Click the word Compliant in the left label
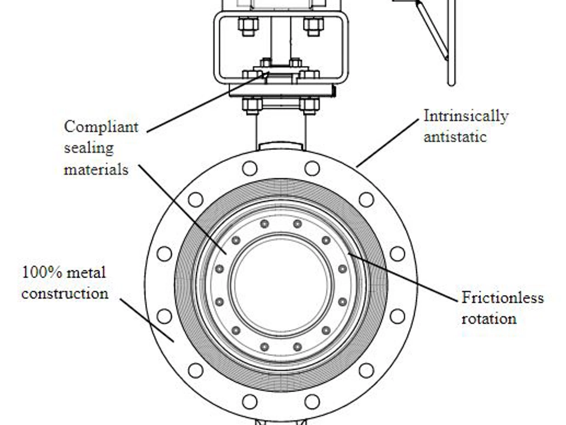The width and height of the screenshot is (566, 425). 101,127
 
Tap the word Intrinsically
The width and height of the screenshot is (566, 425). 465,116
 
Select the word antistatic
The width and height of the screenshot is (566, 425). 455,137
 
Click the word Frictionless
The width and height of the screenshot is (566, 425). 502,297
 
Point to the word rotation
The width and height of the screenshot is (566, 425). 489,319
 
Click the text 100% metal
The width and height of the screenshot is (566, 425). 64,273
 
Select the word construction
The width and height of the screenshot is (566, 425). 65,293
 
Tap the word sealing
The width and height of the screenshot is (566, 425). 88,148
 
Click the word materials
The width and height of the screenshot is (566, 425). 96,169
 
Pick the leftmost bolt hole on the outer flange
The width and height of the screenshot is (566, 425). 164,254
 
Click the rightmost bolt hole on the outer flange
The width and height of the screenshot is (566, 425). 397,254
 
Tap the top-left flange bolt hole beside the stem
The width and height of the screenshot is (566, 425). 249,168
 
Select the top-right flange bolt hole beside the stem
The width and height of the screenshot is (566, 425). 312,168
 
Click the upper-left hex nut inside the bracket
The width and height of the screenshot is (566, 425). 247,25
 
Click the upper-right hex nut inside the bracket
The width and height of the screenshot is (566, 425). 313,25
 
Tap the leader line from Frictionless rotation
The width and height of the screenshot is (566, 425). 407,277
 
